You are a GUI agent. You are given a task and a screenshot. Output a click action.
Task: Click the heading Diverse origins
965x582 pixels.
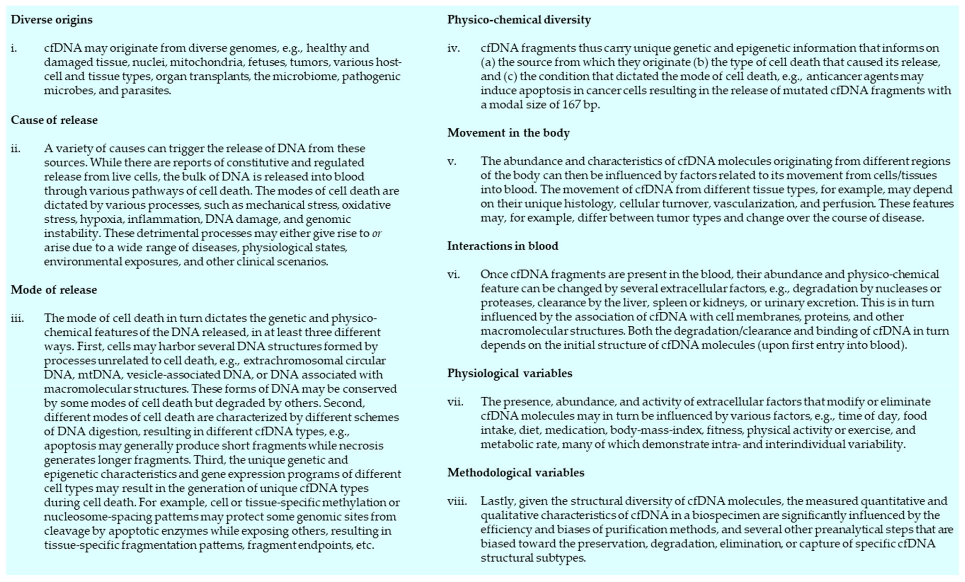52,19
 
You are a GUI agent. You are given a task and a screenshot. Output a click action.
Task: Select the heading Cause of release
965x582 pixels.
54,120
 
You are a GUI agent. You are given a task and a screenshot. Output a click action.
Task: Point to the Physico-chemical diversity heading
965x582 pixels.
519,19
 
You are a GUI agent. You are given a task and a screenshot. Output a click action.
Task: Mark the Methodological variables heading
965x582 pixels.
516,472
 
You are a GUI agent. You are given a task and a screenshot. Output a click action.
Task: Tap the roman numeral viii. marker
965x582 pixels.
457,501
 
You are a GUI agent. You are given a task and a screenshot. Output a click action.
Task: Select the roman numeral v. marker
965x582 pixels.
452,161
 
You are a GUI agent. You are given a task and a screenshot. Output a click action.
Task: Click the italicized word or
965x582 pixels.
376,233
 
